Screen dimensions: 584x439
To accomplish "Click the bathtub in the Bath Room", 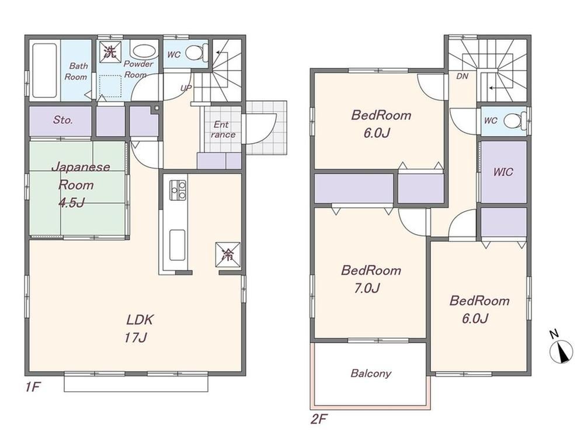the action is coord(44,70).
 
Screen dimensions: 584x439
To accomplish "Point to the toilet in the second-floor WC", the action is coord(515,121).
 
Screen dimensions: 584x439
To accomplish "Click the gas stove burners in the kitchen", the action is coord(178,190).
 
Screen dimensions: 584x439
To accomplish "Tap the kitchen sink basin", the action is coord(178,245).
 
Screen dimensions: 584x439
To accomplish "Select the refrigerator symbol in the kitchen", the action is coord(227,255).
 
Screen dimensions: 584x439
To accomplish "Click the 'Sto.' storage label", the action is coord(62,120).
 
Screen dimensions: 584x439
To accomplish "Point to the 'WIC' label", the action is coord(503,172).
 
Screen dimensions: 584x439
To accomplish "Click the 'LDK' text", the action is coord(140,319).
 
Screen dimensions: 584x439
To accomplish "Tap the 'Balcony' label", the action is coord(371,373).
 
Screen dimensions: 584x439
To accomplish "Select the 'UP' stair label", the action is coord(186,88).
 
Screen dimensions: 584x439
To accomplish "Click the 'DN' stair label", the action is coord(462,76).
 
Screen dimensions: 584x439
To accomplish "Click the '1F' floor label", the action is coord(33,388).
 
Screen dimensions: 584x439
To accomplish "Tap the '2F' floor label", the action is coord(319,420).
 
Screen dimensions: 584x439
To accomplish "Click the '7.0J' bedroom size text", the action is coord(367,288).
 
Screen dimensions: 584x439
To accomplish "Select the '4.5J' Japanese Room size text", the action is coord(71,203).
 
